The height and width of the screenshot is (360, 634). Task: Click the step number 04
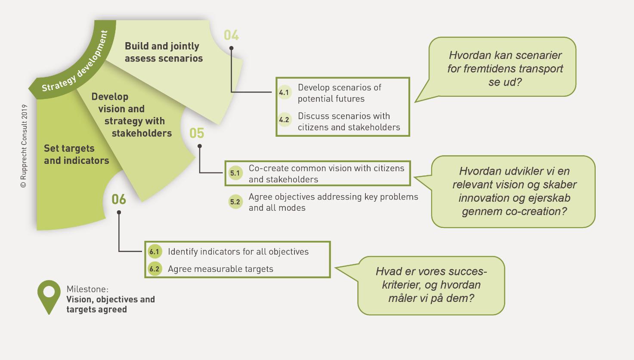click(231, 35)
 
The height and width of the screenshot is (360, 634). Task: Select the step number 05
click(197, 133)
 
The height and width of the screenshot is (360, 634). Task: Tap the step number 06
click(119, 199)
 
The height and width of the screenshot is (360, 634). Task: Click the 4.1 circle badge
click(284, 92)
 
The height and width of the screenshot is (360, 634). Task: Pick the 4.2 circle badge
click(284, 120)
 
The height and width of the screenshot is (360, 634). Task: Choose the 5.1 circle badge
click(235, 173)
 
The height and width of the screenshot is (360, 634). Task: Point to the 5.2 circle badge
click(235, 202)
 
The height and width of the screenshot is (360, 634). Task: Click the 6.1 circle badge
click(154, 252)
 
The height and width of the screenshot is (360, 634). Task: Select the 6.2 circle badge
click(154, 269)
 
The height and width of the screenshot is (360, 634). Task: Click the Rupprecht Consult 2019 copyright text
click(24, 146)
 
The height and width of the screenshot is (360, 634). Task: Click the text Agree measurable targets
click(220, 269)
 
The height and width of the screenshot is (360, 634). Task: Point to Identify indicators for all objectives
click(238, 252)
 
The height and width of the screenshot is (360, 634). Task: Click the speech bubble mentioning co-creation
click(514, 191)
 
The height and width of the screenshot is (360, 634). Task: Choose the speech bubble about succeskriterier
click(431, 285)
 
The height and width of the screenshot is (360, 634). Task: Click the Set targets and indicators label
click(76, 154)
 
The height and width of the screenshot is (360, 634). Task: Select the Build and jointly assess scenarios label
click(164, 52)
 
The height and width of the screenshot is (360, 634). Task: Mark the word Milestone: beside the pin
click(87, 289)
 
